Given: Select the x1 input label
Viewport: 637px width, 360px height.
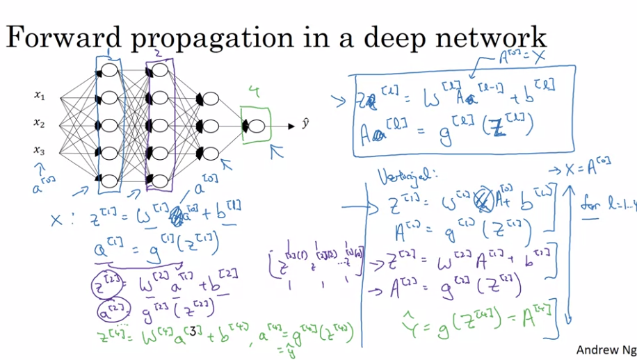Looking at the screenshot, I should (x=40, y=95).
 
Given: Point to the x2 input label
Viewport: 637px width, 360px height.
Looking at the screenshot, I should (x=40, y=123).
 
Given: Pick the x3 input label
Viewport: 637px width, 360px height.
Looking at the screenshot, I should (x=40, y=150).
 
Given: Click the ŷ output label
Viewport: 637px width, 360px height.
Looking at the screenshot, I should (x=305, y=124).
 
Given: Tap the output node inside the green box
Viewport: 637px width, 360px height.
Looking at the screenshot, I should (x=256, y=126).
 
